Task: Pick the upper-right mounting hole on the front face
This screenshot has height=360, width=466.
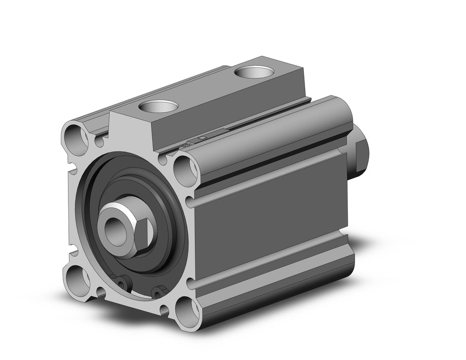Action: coord(186,169)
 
